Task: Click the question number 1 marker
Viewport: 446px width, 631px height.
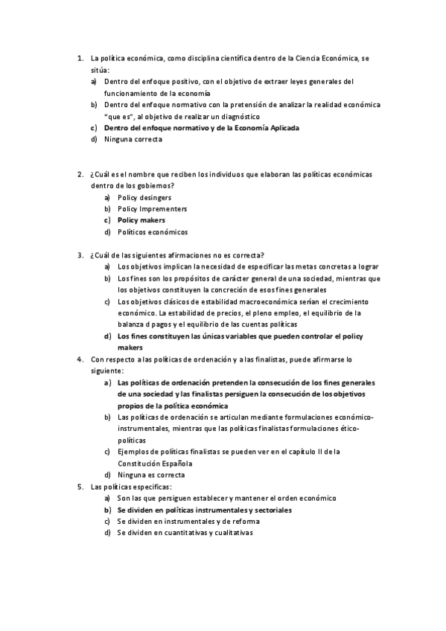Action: pyautogui.click(x=80, y=58)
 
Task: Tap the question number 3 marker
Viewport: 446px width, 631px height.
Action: pyautogui.click(x=80, y=254)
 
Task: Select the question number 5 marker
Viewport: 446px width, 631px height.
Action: pyautogui.click(x=80, y=487)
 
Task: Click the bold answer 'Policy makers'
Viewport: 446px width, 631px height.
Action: pyautogui.click(x=141, y=220)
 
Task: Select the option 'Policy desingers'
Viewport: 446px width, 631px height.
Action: pyautogui.click(x=144, y=197)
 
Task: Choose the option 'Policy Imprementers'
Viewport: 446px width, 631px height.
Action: pyautogui.click(x=153, y=209)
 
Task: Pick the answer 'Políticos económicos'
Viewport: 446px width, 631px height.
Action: pyautogui.click(x=153, y=232)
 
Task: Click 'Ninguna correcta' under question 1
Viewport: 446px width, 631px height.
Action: pyautogui.click(x=133, y=139)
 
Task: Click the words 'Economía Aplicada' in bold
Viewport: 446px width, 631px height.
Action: pyautogui.click(x=263, y=128)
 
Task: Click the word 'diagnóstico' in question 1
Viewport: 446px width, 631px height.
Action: pyautogui.click(x=236, y=116)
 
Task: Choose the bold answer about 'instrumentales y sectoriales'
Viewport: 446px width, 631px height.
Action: pyautogui.click(x=204, y=510)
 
